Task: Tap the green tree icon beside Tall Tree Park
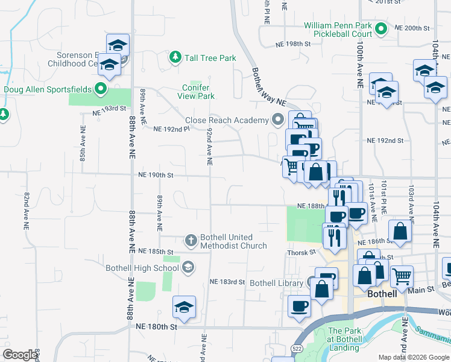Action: (x=175, y=57)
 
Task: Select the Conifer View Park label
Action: (x=198, y=92)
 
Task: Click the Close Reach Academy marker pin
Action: (x=278, y=119)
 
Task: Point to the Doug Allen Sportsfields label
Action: (x=48, y=89)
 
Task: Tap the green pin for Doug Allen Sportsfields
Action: (x=101, y=89)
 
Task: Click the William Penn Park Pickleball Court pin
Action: (x=380, y=28)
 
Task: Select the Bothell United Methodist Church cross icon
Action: (x=191, y=241)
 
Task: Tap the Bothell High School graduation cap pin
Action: (x=188, y=267)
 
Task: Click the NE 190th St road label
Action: (x=156, y=175)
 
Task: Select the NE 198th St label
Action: (x=292, y=44)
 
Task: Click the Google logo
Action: (x=20, y=355)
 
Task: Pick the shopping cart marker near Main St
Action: (x=402, y=277)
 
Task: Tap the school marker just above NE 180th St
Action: (x=184, y=308)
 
